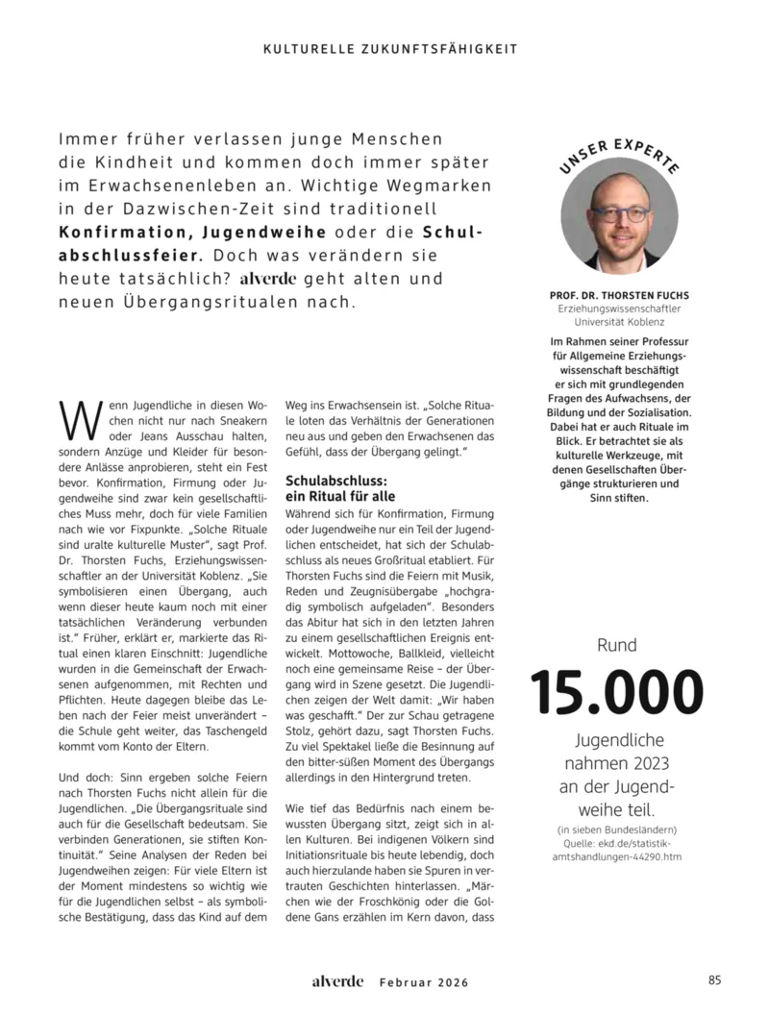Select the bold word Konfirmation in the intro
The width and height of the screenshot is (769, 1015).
[119, 234]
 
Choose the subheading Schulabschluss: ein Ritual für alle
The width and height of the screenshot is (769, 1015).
[336, 487]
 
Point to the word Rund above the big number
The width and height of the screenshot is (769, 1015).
[617, 646]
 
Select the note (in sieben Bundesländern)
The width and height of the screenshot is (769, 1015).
[617, 829]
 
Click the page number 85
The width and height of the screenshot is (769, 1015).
[714, 980]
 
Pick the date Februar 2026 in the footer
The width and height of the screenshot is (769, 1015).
[422, 982]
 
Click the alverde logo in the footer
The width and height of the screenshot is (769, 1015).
[337, 981]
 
